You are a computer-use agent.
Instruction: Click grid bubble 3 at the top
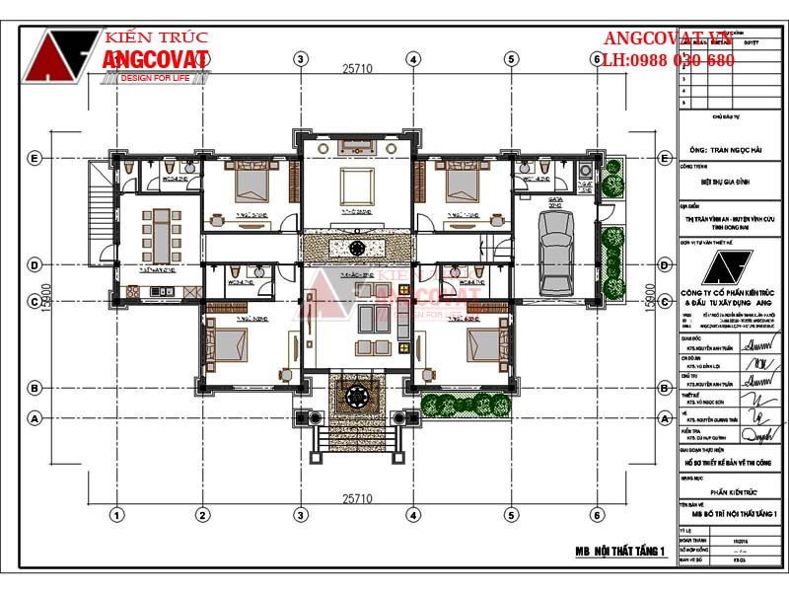tap(300, 58)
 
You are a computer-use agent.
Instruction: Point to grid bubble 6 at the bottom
tap(597, 514)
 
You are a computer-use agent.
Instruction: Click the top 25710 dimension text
tap(357, 69)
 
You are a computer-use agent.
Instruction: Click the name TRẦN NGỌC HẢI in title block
tap(729, 153)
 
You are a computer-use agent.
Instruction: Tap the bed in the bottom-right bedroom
tap(483, 345)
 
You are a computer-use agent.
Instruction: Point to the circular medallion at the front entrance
tap(355, 399)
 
